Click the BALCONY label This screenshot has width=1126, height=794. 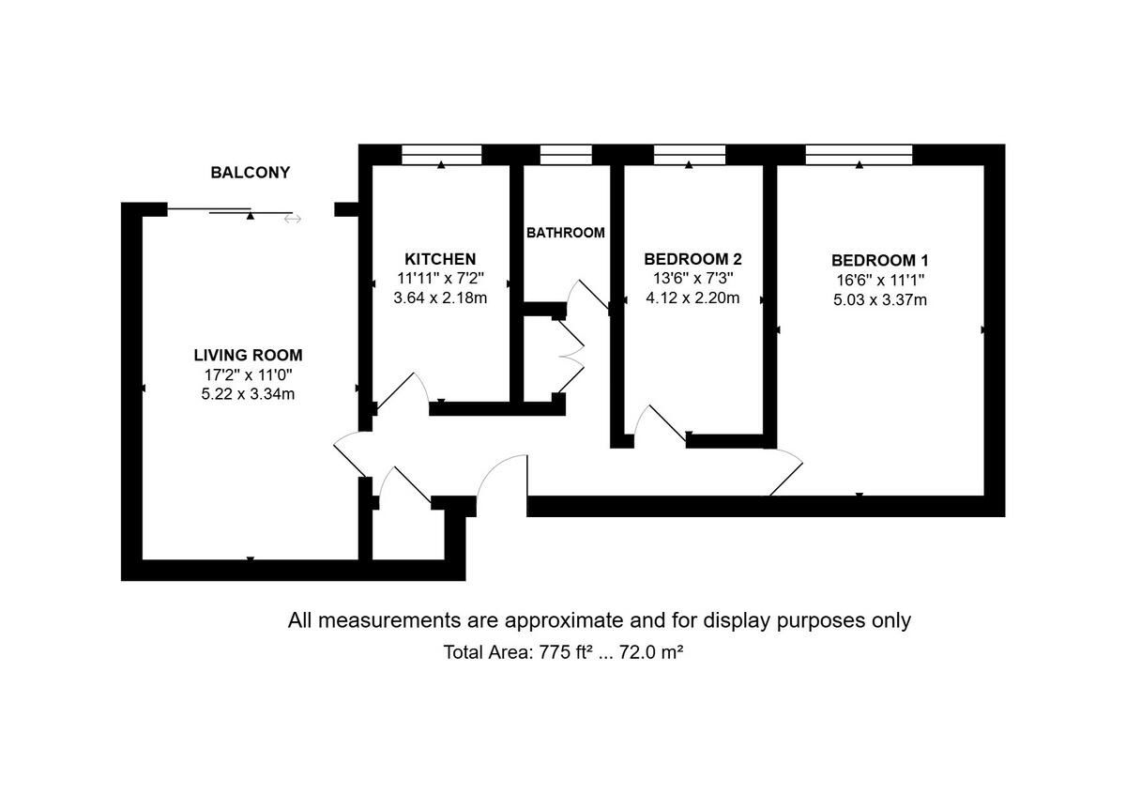pos(250,173)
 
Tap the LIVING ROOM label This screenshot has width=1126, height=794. pos(248,355)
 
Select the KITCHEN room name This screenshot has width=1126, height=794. pos(440,259)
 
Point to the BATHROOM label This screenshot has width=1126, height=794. pos(565,232)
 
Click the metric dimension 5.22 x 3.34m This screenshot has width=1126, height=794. pos(248,394)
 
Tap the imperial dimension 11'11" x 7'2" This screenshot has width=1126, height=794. pos(440,279)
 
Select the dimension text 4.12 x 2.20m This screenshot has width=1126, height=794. pos(692,298)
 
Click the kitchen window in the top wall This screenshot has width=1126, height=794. pos(441,154)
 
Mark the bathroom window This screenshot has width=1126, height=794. pos(566,154)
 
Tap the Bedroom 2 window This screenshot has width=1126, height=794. pos(690,154)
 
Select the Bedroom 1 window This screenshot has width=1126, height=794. pos(860,154)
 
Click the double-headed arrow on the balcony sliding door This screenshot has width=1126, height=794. pos(293,219)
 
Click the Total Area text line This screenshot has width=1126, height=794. pos(562,652)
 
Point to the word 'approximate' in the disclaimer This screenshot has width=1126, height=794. pos(564,620)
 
